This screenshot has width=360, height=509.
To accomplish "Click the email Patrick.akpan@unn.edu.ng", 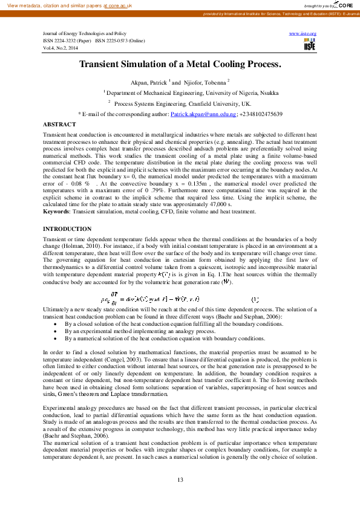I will coord(203,114).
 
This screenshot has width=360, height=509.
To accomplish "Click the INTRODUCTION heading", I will coord(67,229).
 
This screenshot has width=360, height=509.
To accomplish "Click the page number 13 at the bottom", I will coord(180,479).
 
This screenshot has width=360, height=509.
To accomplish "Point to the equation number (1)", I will coord(255,299).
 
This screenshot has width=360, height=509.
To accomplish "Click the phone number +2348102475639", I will coord(261,114).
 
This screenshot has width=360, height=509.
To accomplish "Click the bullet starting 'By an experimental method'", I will coord(140,331).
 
